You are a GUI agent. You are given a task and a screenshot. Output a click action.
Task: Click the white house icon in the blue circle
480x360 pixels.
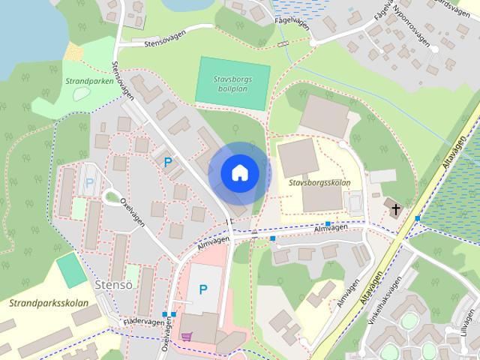[238, 173]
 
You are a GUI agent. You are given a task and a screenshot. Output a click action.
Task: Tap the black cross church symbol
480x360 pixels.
[394, 206]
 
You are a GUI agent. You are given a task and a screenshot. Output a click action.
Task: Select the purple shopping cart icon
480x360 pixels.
[186, 337]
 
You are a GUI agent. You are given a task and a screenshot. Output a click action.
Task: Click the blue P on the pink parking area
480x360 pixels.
[202, 290]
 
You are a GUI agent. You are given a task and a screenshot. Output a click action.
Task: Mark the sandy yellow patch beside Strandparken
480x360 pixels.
[73, 52]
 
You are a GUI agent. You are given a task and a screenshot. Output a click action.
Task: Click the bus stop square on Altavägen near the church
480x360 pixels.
[418, 217]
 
